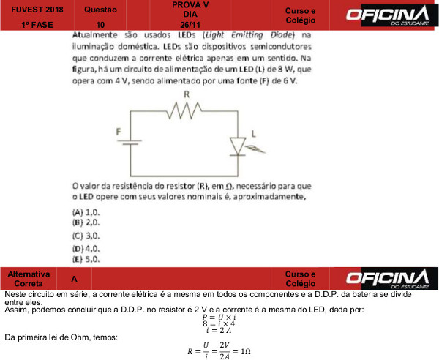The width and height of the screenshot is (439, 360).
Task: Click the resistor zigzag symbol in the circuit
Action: coord(186,111)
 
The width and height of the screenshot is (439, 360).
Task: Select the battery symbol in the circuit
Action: coord(131,140)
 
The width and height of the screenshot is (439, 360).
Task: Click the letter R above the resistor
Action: coord(187,95)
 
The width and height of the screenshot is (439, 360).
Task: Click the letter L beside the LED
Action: coord(254,133)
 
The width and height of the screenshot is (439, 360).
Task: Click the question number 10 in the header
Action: coord(100,24)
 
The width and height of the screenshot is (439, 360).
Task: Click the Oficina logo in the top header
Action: coord(387,15)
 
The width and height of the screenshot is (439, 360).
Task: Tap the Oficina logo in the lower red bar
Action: coord(387,278)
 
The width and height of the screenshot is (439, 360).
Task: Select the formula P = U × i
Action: coord(219,316)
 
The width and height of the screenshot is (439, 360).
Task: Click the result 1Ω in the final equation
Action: coord(245,352)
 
